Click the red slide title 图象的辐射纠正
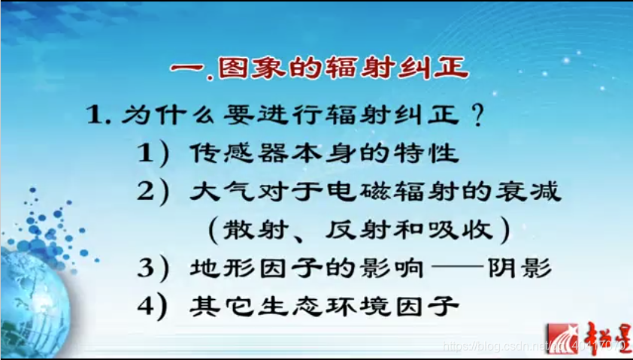coord(320,69)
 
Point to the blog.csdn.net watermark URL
coord(496,346)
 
